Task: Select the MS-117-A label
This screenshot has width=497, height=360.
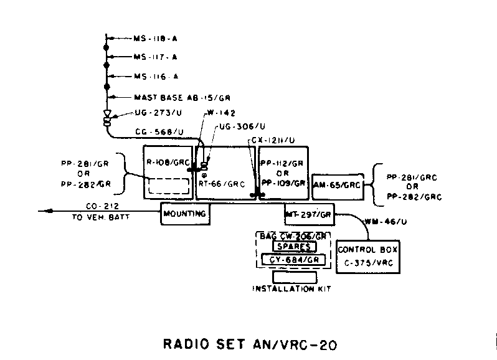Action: [x=156, y=57]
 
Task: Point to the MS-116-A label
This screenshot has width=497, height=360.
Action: [x=156, y=77]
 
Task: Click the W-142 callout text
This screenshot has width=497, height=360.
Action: [x=218, y=114]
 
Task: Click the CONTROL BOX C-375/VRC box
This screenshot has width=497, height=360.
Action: [x=367, y=256]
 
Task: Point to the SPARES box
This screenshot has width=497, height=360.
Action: [x=293, y=247]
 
